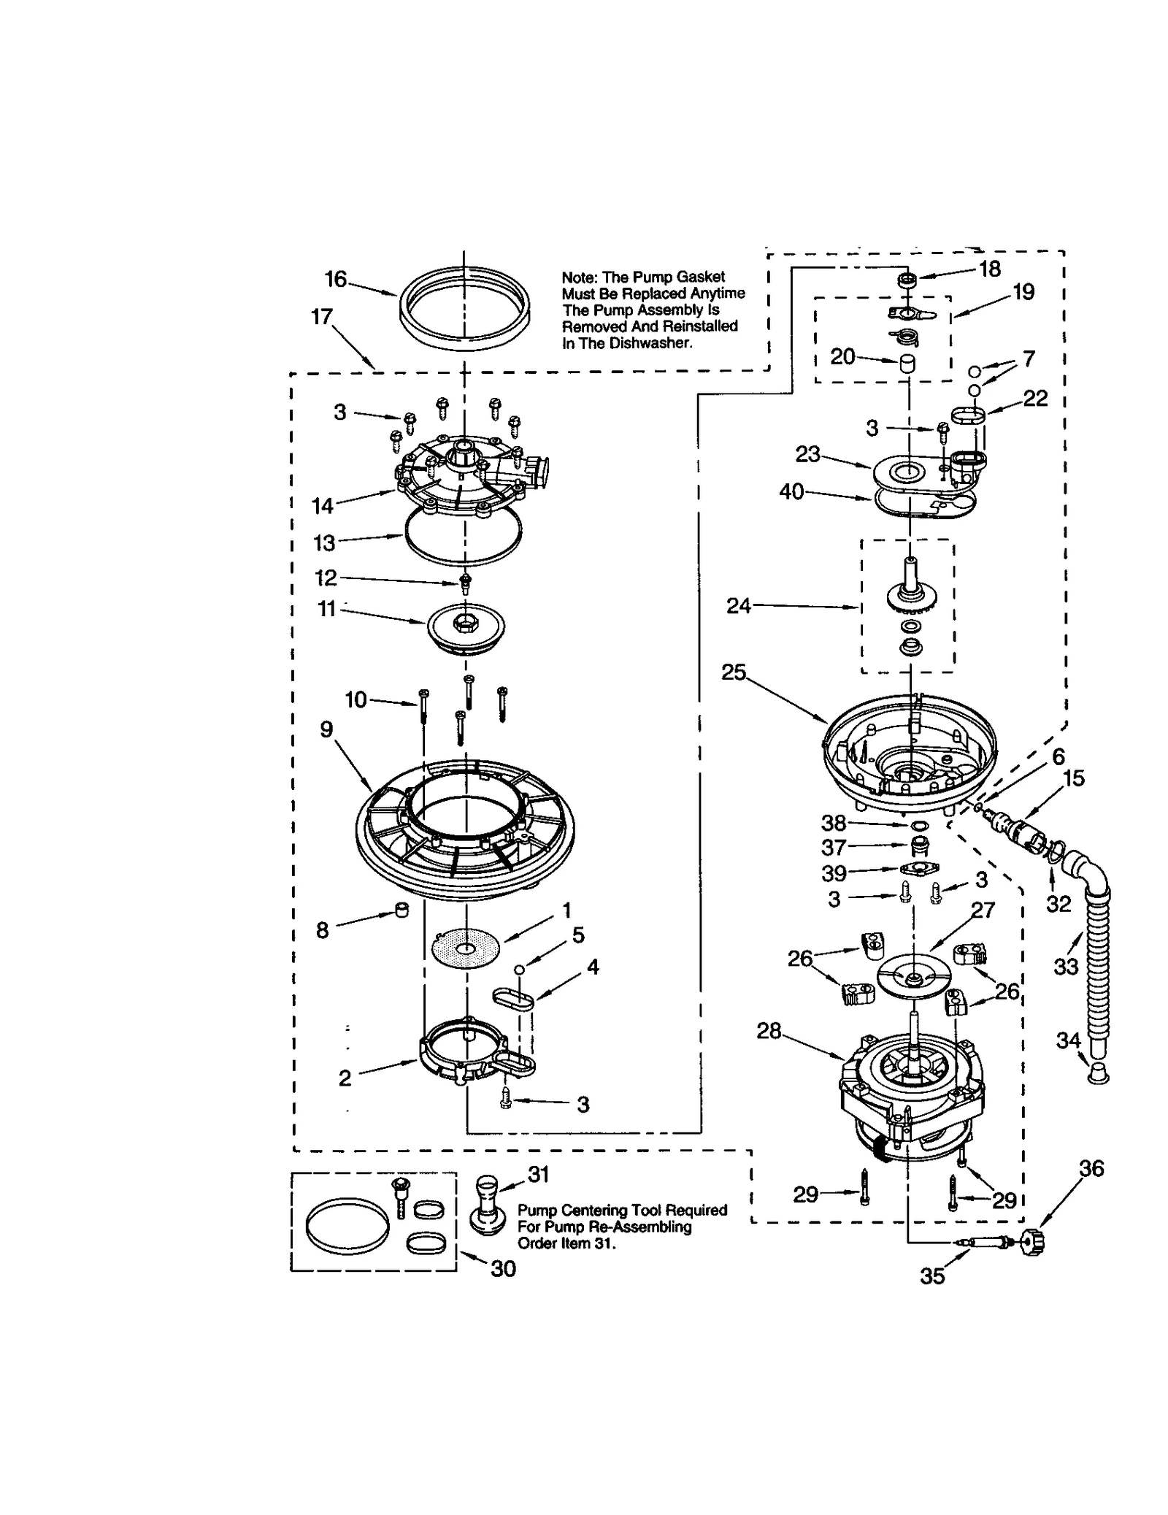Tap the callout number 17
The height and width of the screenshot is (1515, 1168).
pos(322,317)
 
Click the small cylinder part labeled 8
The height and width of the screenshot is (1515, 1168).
pos(401,910)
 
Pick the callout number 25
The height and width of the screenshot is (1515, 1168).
pos(733,672)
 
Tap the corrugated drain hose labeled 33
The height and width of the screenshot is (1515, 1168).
pos(1095,971)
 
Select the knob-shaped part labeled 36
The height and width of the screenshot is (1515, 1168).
pos(1031,1241)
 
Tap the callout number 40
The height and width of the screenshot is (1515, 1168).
pos(791,492)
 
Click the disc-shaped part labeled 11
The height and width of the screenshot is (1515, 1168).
pos(465,626)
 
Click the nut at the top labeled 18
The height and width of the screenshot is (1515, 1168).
pos(907,280)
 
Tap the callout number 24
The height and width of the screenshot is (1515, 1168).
pos(738,606)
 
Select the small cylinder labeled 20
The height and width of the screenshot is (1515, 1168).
pos(907,363)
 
